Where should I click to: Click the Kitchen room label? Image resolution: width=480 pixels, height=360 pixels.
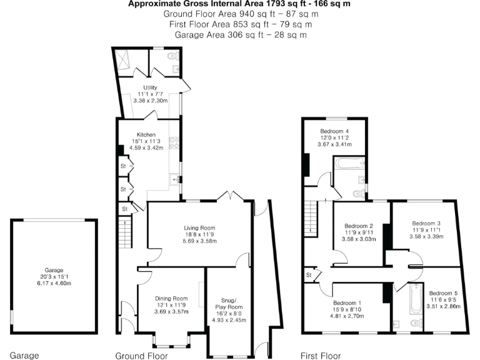(146, 134)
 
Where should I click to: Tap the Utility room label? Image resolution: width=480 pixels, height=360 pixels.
(149, 87)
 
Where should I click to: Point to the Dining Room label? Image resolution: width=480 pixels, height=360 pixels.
(171, 299)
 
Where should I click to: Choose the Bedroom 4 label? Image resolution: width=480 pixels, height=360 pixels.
(334, 131)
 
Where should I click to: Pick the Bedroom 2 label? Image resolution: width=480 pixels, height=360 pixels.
(359, 226)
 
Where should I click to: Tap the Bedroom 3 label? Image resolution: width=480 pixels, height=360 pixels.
(426, 223)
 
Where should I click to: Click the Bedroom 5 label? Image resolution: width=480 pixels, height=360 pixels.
(444, 293)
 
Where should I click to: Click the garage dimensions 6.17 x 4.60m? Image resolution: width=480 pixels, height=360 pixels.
(54, 283)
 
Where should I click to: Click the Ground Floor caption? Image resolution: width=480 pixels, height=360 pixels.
(141, 355)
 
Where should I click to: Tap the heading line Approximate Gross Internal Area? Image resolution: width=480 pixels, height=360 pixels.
(239, 4)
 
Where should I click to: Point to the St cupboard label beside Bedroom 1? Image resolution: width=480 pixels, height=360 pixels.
(309, 274)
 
